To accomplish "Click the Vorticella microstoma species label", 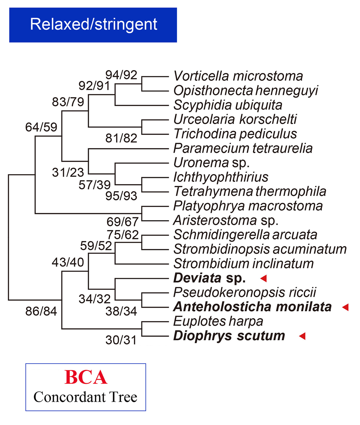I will (238, 76).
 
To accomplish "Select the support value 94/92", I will (121, 75).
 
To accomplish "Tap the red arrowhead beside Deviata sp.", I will (264, 278).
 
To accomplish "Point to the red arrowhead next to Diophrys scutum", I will (302, 336).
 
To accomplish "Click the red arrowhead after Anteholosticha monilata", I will (345, 307).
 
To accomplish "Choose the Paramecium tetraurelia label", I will (243, 148).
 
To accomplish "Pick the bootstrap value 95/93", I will (121, 196).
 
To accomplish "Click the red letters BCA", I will (86, 377).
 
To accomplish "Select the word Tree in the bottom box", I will (123, 397).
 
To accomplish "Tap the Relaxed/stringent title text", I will (94, 25).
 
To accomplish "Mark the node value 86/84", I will (41, 311).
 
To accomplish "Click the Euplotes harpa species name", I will (218, 321).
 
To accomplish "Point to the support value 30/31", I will (121, 340).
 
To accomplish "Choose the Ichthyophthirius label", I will (221, 177).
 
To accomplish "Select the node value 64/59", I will (41, 127).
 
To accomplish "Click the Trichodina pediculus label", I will (235, 134).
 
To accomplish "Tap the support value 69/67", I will (122, 222).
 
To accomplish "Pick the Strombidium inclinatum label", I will (243, 264).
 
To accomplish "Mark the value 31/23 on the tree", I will (68, 172).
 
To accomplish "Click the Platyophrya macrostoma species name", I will (248, 206).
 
